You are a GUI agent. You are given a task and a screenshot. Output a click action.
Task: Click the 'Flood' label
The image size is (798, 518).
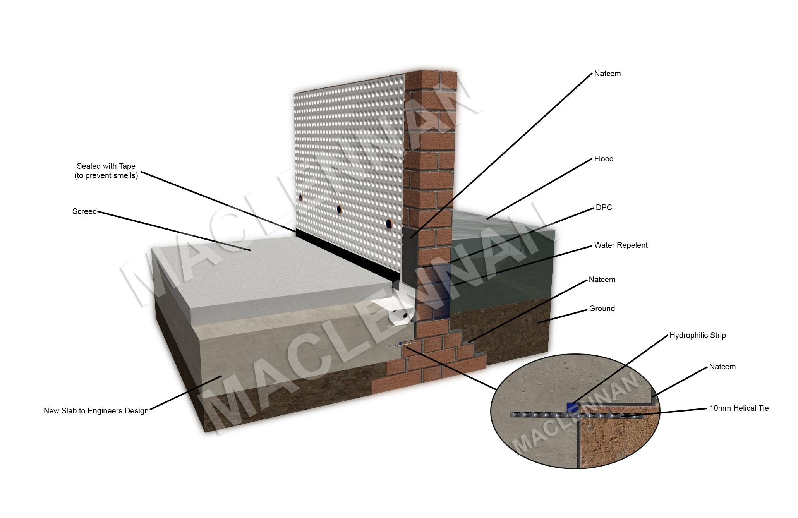click(604, 159)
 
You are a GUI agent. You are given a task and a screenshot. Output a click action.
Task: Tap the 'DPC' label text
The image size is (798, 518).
click(604, 208)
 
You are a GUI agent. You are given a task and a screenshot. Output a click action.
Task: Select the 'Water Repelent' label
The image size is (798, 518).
click(621, 245)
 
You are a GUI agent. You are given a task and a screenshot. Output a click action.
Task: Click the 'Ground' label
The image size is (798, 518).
click(602, 309)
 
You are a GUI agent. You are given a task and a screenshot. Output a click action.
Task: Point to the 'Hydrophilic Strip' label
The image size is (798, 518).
click(697, 335)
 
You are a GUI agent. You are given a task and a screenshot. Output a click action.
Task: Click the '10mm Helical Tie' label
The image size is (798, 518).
click(739, 408)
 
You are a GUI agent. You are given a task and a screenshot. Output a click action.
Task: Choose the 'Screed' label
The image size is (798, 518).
click(84, 211)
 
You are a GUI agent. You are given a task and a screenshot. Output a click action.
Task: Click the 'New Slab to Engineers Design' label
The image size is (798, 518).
click(96, 411)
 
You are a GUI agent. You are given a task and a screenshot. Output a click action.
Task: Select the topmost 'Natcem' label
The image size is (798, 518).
click(607, 74)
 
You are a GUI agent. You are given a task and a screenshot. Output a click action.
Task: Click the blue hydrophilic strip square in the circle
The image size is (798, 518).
click(571, 408)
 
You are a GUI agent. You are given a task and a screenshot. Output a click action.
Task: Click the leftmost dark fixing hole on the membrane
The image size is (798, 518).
click(300, 198)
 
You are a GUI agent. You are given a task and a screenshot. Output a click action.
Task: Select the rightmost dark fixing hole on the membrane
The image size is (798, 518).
click(389, 223)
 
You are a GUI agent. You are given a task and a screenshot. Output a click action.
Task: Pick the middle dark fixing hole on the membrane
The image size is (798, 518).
click(339, 209)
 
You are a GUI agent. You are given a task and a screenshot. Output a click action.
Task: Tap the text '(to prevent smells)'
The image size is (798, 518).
click(106, 175)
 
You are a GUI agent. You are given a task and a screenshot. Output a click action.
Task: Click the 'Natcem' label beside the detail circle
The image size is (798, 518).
click(722, 367)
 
